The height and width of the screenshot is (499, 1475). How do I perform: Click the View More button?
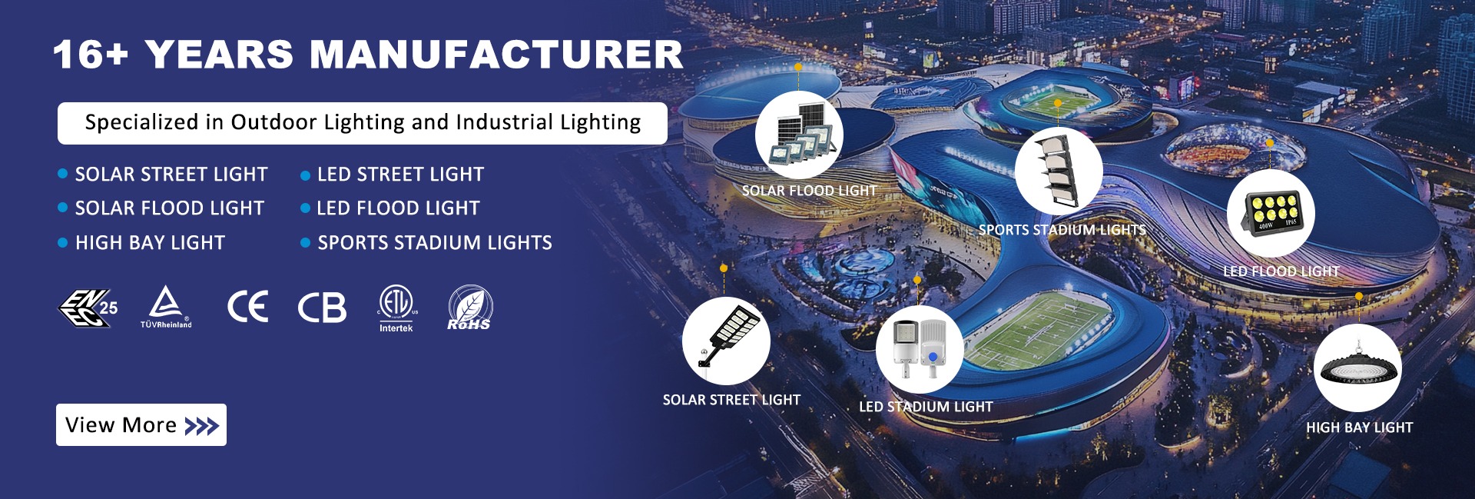[141, 424]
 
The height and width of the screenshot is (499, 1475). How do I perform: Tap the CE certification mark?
[248, 307]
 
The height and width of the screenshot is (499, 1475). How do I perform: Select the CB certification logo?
[322, 308]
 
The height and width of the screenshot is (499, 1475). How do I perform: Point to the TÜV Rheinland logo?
[166, 307]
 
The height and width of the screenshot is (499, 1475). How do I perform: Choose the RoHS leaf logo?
[469, 308]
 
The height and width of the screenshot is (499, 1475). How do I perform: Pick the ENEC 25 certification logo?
[88, 308]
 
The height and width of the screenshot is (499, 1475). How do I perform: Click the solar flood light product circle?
[799, 135]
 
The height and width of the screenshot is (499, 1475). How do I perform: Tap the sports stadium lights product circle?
[1059, 171]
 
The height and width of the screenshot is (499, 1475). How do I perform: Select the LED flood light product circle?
[1271, 213]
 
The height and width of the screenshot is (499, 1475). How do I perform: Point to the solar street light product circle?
[726, 341]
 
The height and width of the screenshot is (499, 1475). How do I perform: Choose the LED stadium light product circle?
[920, 349]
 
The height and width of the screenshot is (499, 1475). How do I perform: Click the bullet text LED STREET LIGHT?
[400, 175]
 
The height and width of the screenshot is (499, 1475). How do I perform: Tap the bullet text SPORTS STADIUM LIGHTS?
[435, 243]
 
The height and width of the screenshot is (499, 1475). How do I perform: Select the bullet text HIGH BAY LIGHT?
[150, 243]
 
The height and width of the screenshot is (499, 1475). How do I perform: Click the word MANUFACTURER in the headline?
[496, 55]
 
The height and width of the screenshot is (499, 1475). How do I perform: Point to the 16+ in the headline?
[91, 55]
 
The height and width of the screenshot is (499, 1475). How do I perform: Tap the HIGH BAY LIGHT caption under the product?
[1360, 427]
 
